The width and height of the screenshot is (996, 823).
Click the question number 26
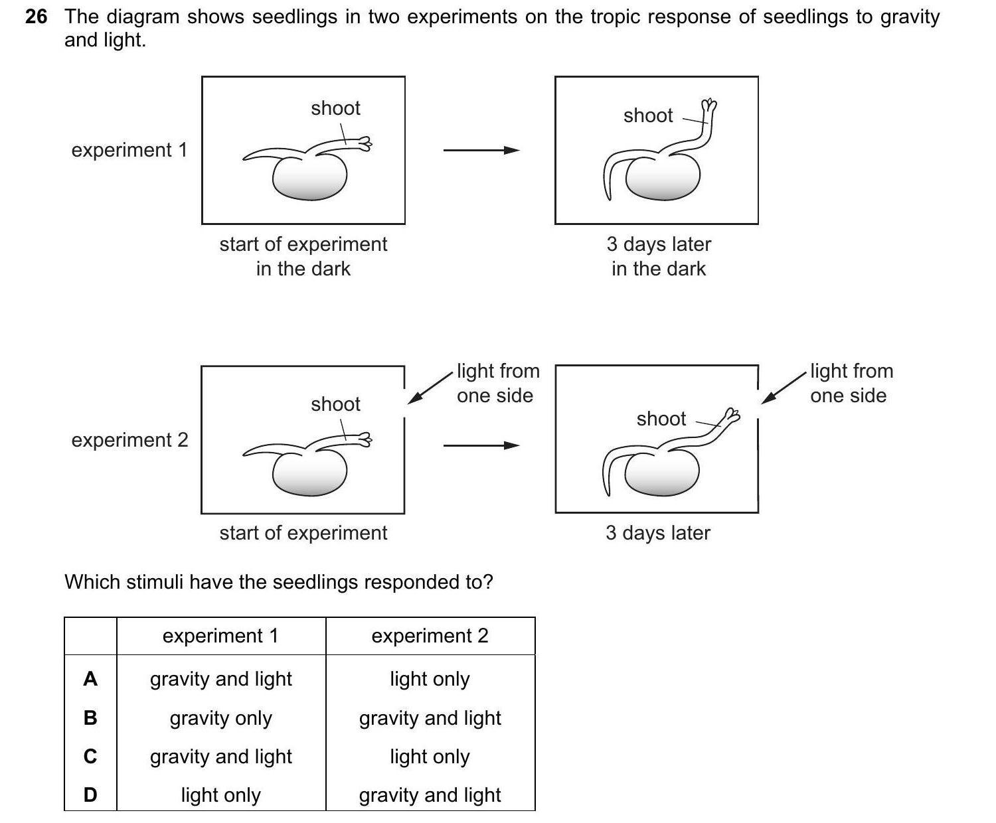tap(36, 17)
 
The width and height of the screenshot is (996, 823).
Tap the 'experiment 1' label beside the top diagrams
tap(129, 150)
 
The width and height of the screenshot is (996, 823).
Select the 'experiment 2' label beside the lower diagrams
tap(129, 440)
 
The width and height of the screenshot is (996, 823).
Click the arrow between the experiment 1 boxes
tap(481, 151)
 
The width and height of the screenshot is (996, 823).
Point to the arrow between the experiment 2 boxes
tap(481, 445)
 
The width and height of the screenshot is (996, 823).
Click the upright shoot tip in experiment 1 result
tap(710, 106)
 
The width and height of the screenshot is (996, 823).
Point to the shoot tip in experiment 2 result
tap(732, 415)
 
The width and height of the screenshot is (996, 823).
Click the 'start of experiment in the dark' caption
tap(303, 256)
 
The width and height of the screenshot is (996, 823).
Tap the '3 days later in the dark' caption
tap(658, 256)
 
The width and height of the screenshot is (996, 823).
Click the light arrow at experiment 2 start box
tap(429, 388)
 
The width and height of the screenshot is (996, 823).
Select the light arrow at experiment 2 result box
tap(784, 388)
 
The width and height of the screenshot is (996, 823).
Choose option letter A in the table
tap(90, 679)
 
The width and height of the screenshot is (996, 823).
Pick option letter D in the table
tap(90, 794)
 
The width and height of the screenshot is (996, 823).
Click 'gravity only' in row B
tap(221, 718)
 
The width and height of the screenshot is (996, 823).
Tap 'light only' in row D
tap(221, 795)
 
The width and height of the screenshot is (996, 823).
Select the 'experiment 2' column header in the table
tap(430, 636)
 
